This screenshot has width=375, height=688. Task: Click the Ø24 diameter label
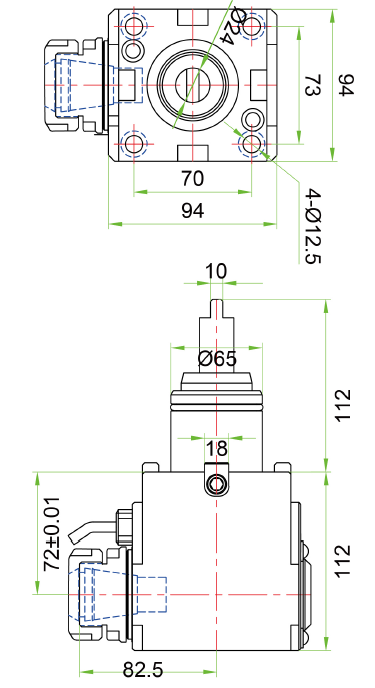[234, 24]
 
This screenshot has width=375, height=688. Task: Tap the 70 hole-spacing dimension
[192, 179]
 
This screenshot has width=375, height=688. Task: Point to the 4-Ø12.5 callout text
[314, 226]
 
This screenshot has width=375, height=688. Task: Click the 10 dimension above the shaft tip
[216, 272]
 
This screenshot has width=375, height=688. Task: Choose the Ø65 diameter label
[217, 359]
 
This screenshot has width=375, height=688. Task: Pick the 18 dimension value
[216, 448]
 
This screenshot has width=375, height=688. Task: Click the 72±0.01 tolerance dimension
[52, 534]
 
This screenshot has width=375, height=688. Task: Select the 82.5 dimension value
[143, 670]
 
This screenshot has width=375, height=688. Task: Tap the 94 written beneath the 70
[193, 211]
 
